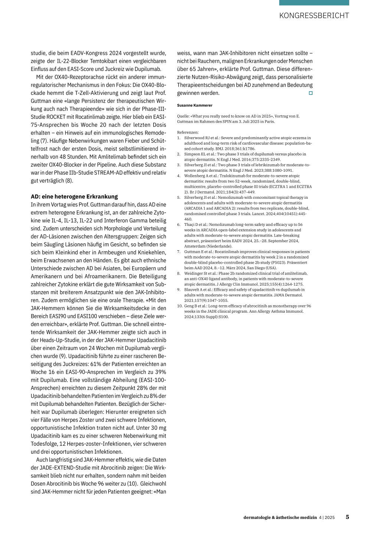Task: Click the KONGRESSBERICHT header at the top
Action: coord(314,16)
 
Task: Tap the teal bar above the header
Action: coord(314,3)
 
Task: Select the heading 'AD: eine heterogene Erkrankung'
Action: coord(74,197)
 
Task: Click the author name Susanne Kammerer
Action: coord(194,105)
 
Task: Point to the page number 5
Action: coord(347,517)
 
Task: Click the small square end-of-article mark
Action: coord(311,93)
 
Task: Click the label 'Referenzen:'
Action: coord(188,132)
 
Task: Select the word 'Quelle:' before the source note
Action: coord(183,116)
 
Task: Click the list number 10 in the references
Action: coord(180,306)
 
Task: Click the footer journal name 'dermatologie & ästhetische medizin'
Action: coord(280,517)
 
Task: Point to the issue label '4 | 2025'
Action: coord(327,517)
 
